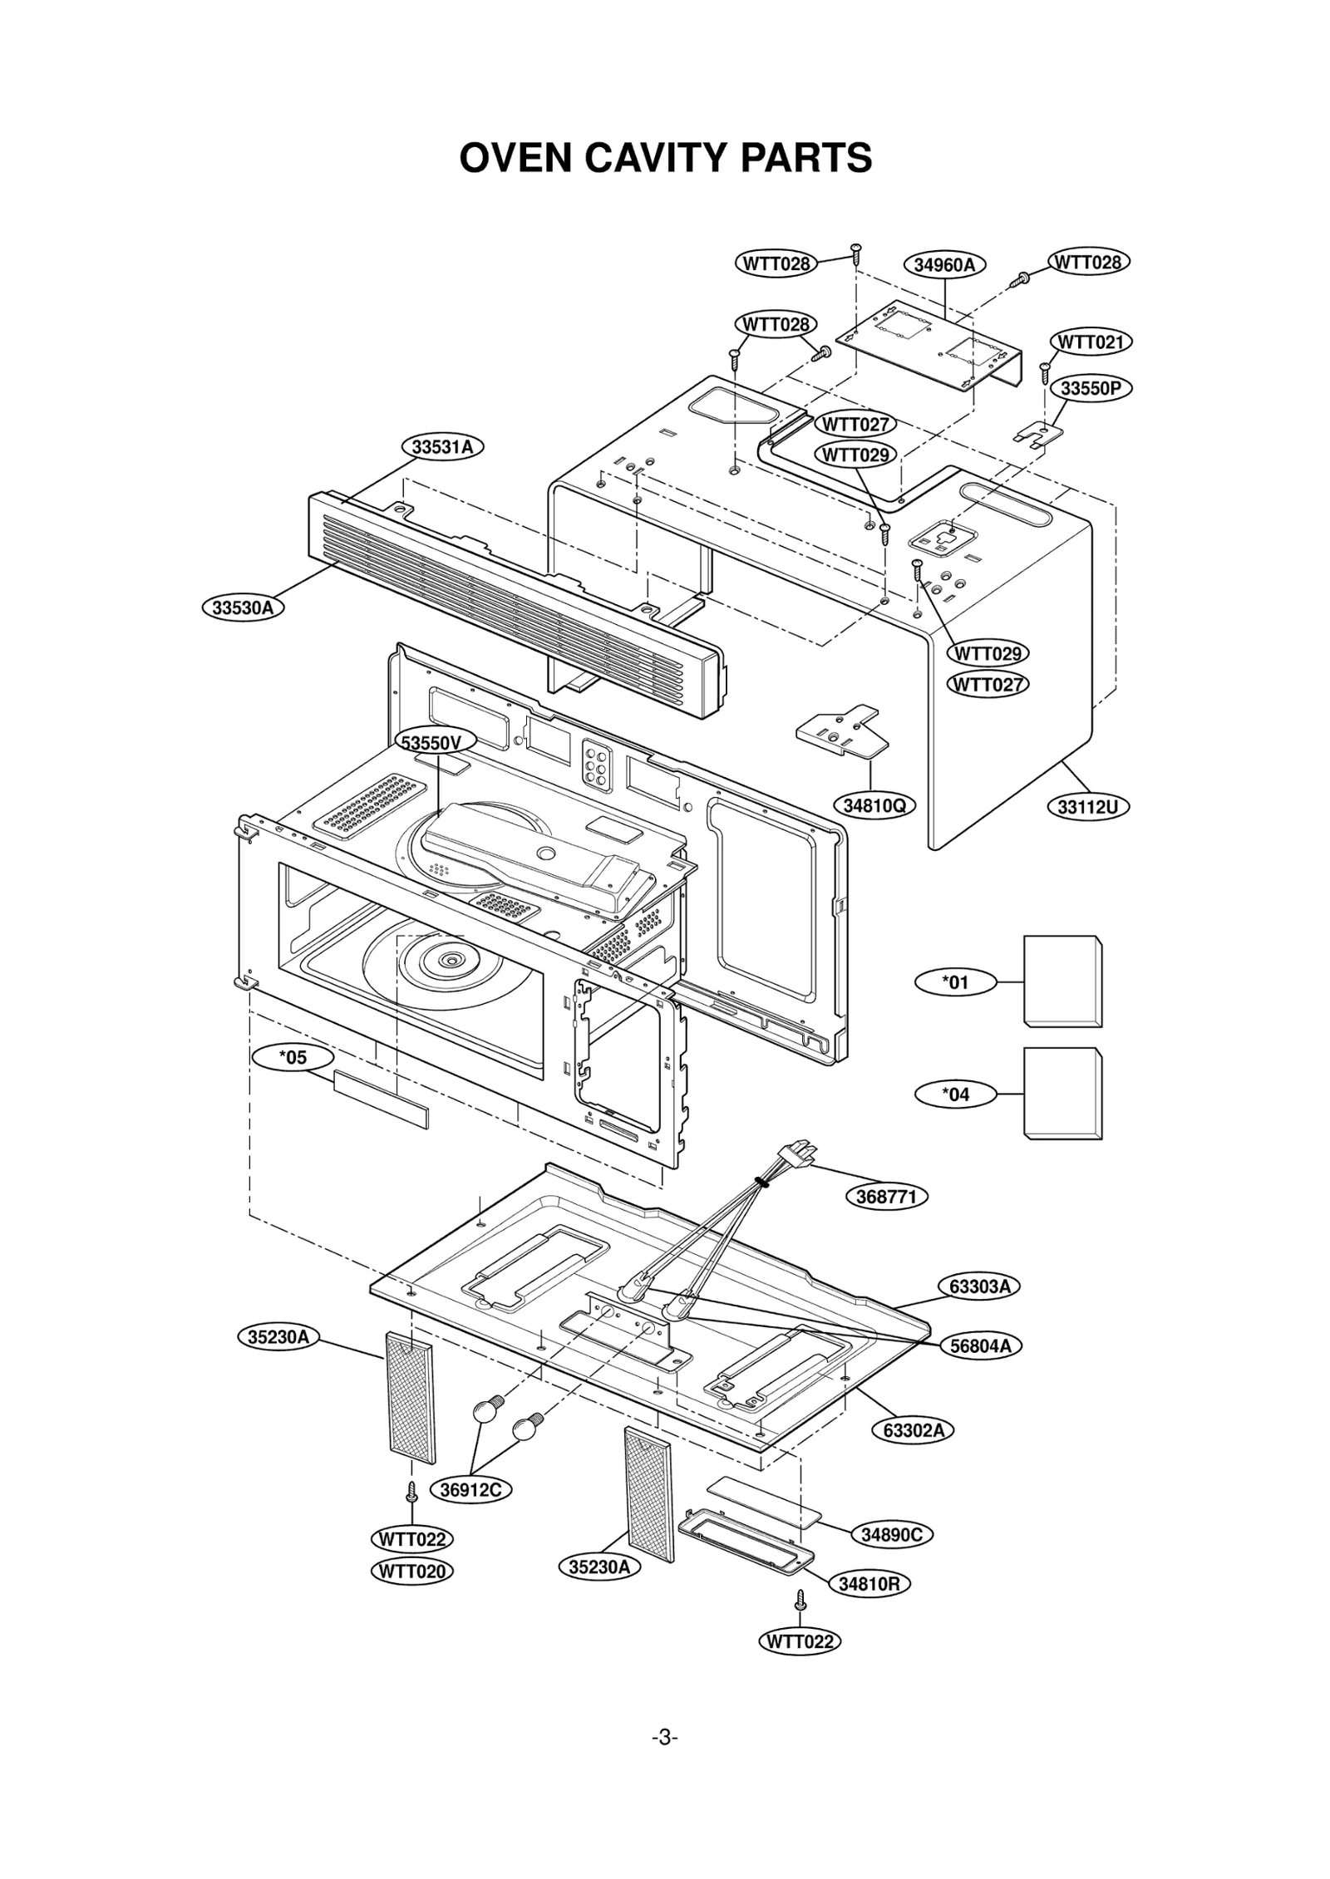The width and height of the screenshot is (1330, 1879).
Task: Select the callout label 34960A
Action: (943, 265)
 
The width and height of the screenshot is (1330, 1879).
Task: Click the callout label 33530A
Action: (242, 607)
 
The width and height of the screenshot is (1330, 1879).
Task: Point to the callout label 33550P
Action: (1091, 388)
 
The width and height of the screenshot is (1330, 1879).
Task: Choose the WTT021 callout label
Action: (1090, 342)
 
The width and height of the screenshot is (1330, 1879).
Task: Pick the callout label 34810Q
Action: (874, 805)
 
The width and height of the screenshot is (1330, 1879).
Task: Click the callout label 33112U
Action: (1087, 806)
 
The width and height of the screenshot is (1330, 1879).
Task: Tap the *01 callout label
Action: (955, 982)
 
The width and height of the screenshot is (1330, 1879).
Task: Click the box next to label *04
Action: (1062, 1093)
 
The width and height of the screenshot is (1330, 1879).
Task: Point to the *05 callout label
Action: (293, 1057)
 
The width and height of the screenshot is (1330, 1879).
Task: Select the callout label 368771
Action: (886, 1197)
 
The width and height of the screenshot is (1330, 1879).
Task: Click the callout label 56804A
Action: (980, 1346)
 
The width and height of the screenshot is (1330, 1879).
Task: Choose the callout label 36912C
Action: (470, 1490)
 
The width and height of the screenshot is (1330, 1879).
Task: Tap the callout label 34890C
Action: (891, 1535)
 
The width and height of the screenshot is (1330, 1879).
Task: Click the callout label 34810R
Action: (869, 1584)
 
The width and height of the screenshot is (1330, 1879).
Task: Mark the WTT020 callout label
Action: (412, 1572)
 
